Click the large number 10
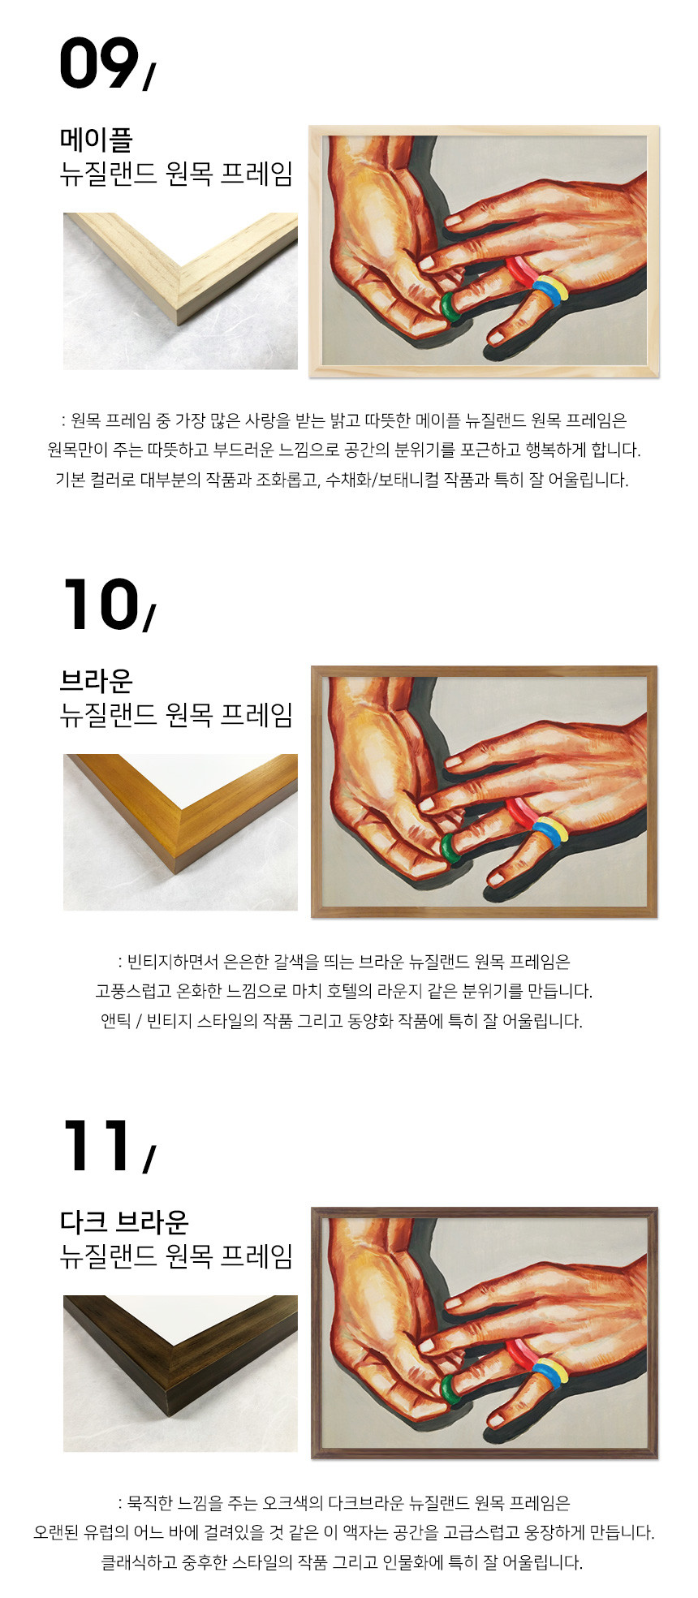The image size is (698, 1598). coord(99,605)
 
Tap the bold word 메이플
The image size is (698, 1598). coord(97,140)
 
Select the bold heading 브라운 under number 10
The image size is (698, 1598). coord(97,680)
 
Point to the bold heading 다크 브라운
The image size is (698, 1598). coord(124,1221)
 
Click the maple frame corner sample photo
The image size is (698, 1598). coord(180,291)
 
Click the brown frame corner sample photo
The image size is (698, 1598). coord(180,832)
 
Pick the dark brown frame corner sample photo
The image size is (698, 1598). coord(180,1373)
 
